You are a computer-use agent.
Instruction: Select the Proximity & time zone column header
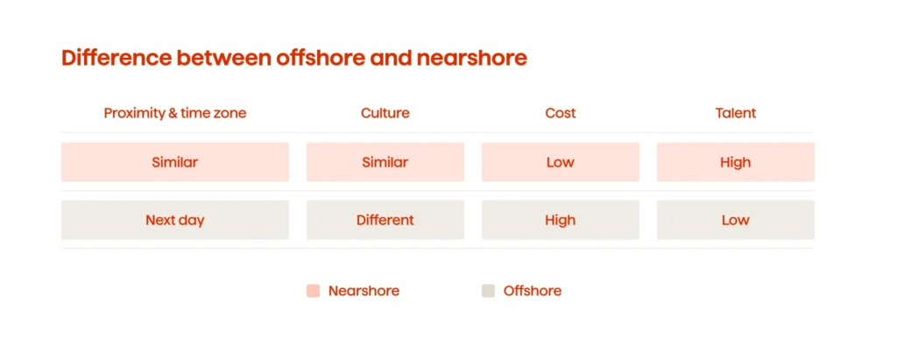click(174, 113)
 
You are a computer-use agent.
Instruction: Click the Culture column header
click(385, 113)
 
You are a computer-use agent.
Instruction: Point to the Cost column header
click(560, 113)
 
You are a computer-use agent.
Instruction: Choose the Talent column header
click(735, 113)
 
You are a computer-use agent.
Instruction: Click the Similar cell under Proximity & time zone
click(174, 162)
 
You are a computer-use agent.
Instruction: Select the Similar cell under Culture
click(385, 162)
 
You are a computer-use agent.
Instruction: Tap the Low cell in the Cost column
click(560, 162)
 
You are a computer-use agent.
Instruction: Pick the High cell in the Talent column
click(735, 162)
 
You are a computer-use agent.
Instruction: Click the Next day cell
click(174, 220)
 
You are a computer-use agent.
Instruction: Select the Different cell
click(385, 220)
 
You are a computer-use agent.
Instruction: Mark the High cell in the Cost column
click(560, 220)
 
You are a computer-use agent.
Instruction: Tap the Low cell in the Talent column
click(735, 220)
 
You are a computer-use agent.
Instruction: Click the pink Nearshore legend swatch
click(313, 291)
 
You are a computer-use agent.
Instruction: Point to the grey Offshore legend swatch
click(488, 291)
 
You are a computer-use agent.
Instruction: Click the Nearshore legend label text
click(364, 291)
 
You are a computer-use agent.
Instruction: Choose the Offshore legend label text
click(533, 291)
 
